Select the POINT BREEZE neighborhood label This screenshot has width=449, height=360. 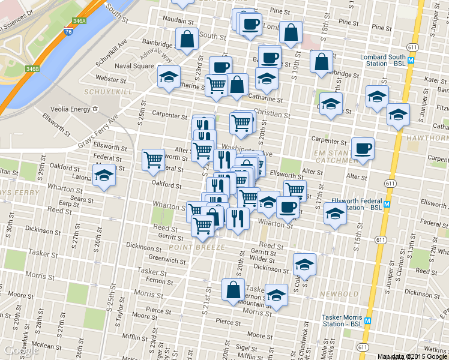(x=196, y=247)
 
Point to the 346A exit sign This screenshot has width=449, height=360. (x=78, y=20)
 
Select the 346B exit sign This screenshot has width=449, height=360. (x=32, y=69)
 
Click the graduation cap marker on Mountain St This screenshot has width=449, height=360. (x=276, y=296)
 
